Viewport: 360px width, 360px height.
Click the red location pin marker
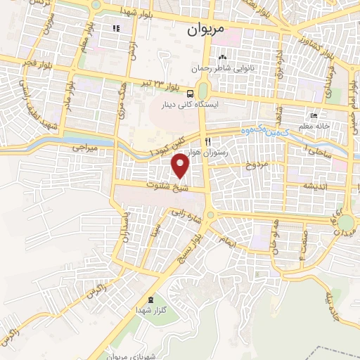click(181, 165)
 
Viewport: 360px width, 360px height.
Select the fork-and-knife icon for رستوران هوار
click(207, 141)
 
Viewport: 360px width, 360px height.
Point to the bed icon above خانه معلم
click(314, 116)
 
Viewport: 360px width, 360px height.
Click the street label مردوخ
click(256, 165)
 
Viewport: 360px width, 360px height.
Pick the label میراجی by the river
click(87, 149)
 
